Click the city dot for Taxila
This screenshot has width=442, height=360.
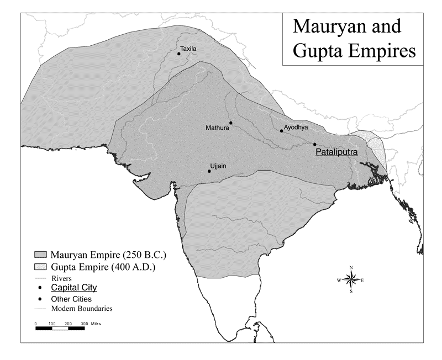coord(179,54)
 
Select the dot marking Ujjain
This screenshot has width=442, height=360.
coord(209,171)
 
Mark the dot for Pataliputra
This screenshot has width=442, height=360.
coord(315,145)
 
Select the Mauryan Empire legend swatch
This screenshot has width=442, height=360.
coord(41,255)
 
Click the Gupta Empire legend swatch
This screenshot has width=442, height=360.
coord(41,268)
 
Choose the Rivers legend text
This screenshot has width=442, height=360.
coord(61,278)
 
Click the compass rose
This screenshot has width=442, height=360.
coord(351,280)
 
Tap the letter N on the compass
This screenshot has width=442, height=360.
coord(351,268)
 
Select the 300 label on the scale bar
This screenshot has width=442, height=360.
coord(84,324)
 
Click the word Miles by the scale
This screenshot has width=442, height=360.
coord(96,324)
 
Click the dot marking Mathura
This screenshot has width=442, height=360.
coord(231,123)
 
